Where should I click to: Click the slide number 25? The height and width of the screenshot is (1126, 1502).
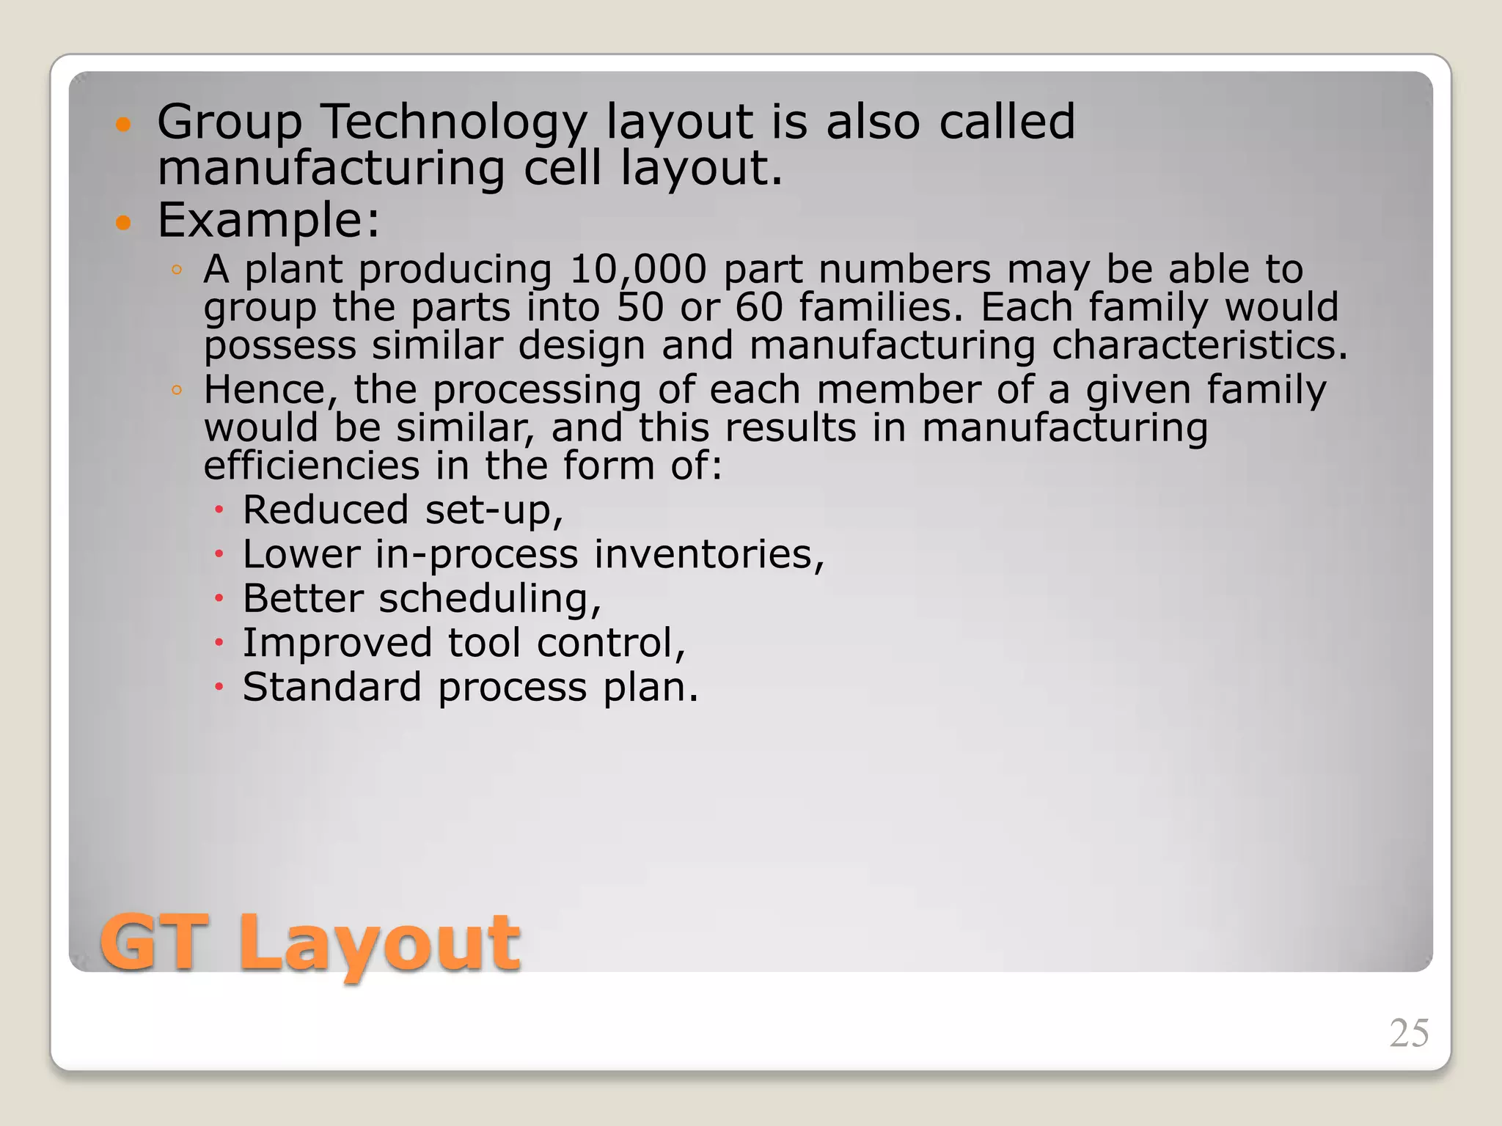(x=1409, y=1033)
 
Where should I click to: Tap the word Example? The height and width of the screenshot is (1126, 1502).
(x=268, y=220)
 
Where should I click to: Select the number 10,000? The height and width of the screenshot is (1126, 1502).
(x=638, y=270)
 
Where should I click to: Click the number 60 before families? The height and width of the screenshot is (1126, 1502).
(x=759, y=307)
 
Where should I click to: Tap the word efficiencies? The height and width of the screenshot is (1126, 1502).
(x=311, y=466)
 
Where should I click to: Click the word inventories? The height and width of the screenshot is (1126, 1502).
(x=709, y=554)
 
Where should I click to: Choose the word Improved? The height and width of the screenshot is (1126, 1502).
(x=337, y=643)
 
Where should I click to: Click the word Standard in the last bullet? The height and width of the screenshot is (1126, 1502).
(x=332, y=688)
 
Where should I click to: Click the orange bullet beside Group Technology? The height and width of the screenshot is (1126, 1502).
(x=123, y=124)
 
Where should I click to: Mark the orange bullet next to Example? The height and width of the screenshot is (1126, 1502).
(x=123, y=222)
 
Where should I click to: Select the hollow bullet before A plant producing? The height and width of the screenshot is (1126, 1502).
(x=176, y=270)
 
